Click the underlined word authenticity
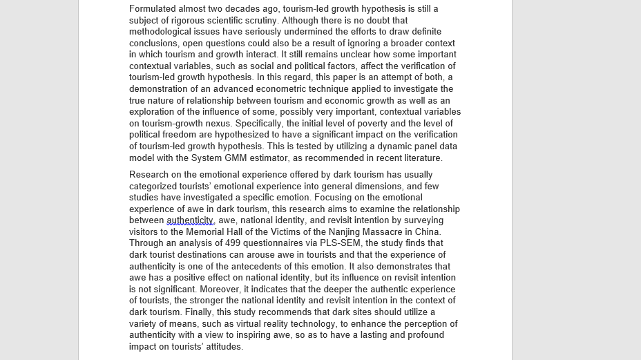191,220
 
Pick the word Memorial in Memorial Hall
206,232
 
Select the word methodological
162,32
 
